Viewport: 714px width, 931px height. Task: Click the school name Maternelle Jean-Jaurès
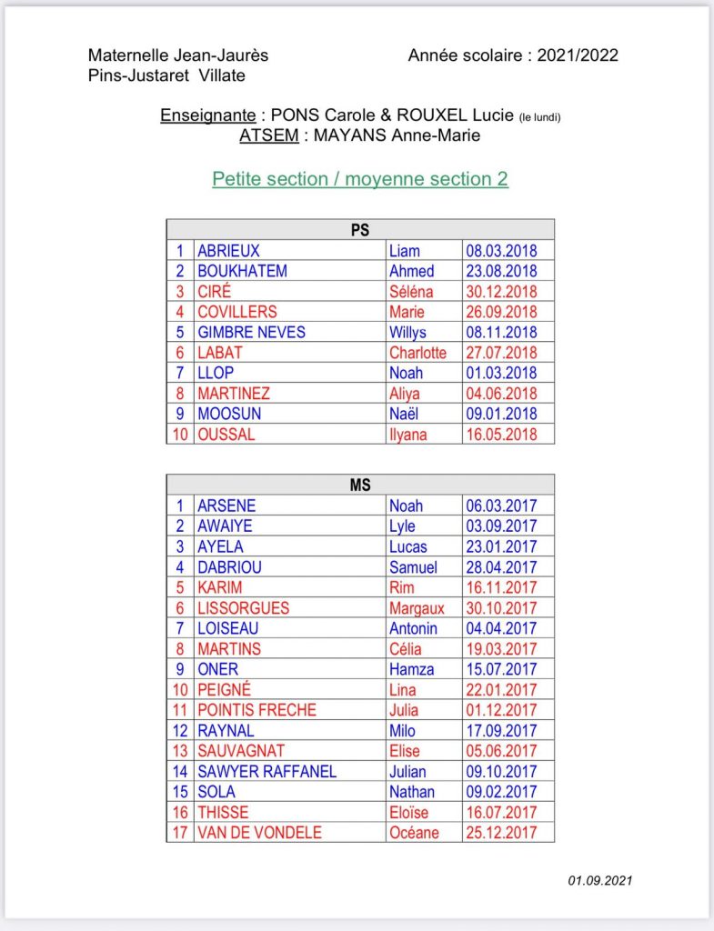[x=178, y=55]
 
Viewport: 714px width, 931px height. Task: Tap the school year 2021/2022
[x=578, y=55]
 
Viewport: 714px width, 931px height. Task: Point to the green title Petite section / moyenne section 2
[x=360, y=179]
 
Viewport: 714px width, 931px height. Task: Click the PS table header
[x=360, y=230]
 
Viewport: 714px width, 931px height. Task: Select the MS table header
[x=360, y=486]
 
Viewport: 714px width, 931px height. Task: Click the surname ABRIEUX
[x=229, y=251]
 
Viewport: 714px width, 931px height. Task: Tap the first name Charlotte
[x=417, y=353]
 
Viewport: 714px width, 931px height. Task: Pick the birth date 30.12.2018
[x=501, y=292]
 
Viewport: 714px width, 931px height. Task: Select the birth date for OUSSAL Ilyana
[x=501, y=435]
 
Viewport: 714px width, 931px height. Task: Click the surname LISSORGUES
[x=244, y=608]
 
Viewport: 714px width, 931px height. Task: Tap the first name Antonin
[x=413, y=628]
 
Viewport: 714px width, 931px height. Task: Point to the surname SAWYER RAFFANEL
[x=267, y=772]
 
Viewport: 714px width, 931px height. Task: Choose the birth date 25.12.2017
[x=501, y=833]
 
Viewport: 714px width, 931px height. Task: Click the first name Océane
[x=414, y=833]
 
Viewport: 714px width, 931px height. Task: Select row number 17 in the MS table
[x=180, y=833]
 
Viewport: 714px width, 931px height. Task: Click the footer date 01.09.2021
[x=600, y=880]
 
